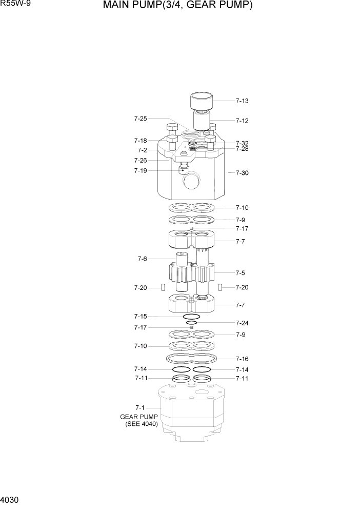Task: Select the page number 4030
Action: point(10,499)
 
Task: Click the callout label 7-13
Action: point(242,101)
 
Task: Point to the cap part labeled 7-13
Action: point(202,101)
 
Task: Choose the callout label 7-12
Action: point(242,121)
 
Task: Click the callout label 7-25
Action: point(141,119)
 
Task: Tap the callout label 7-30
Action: point(242,173)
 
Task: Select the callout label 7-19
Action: point(141,170)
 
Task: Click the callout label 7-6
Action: point(142,259)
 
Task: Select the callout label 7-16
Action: point(242,359)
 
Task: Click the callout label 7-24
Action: point(242,323)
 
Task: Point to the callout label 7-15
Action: point(141,316)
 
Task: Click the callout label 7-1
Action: point(141,407)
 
